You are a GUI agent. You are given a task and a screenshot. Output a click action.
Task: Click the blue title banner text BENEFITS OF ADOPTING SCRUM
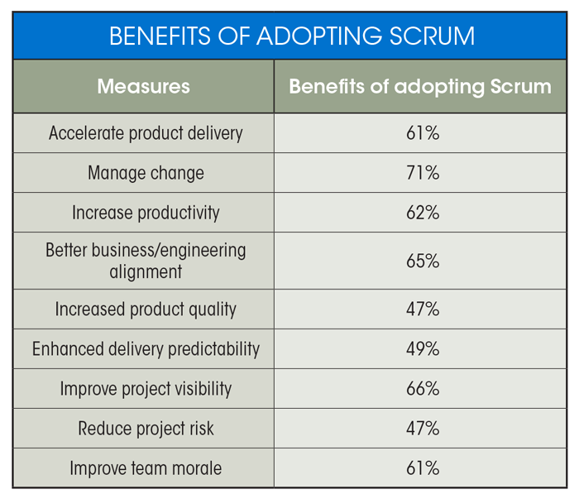click(292, 36)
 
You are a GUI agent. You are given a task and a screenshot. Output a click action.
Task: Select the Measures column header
click(143, 86)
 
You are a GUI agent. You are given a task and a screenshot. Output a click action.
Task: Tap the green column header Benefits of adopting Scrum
click(420, 86)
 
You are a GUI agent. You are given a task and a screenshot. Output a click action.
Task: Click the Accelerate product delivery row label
click(146, 133)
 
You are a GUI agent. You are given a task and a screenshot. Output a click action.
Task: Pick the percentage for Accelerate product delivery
click(423, 133)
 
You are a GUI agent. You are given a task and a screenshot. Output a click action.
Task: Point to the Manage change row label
click(146, 173)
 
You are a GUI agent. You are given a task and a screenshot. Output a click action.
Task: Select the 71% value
click(423, 173)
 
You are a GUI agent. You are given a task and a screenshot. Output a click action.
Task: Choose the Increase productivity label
click(146, 213)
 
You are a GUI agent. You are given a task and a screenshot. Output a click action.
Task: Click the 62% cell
click(423, 213)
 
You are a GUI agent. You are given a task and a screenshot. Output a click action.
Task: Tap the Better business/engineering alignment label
click(146, 261)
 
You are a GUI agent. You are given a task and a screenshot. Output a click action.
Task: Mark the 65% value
click(423, 261)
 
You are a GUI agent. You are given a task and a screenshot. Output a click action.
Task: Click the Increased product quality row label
click(146, 309)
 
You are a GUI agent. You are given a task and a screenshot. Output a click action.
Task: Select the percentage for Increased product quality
click(423, 309)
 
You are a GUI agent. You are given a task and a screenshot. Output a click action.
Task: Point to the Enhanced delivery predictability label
click(146, 349)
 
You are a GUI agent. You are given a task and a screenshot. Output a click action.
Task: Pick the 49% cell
click(423, 349)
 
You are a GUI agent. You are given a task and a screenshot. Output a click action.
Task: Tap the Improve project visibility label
click(146, 389)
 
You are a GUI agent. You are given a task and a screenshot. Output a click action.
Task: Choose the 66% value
click(423, 389)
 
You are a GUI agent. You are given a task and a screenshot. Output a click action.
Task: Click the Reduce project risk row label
click(146, 429)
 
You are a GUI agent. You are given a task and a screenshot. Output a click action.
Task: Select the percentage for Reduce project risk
click(423, 429)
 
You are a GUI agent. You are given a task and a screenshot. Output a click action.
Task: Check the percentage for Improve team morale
click(423, 468)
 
